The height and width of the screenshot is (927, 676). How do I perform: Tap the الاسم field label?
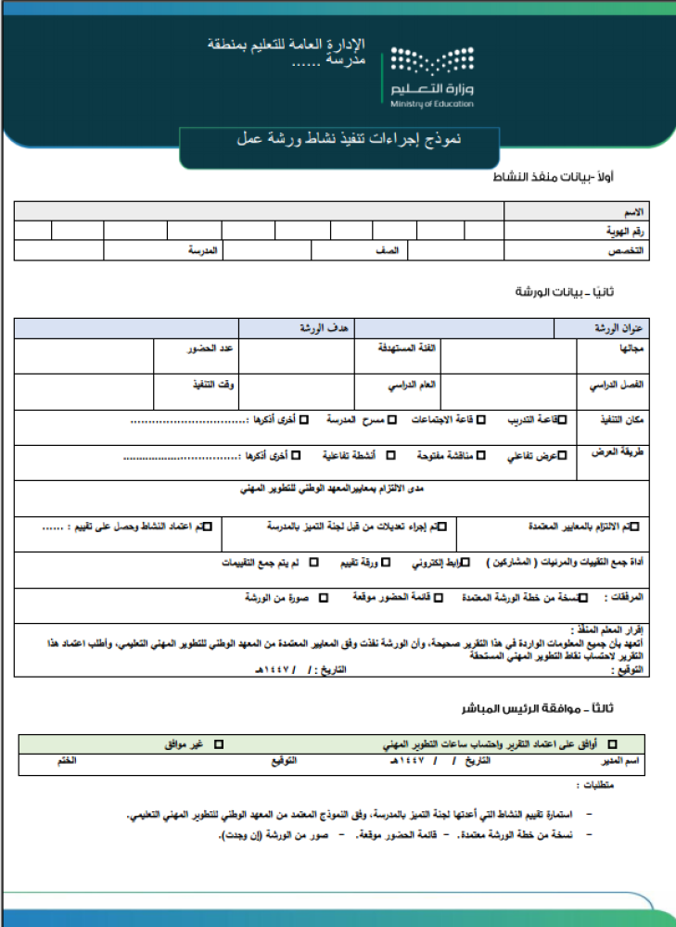[634, 211]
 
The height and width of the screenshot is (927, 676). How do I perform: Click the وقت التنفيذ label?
[213, 384]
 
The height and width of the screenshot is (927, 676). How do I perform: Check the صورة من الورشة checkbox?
[324, 598]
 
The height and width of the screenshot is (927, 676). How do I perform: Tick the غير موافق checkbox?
[220, 744]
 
